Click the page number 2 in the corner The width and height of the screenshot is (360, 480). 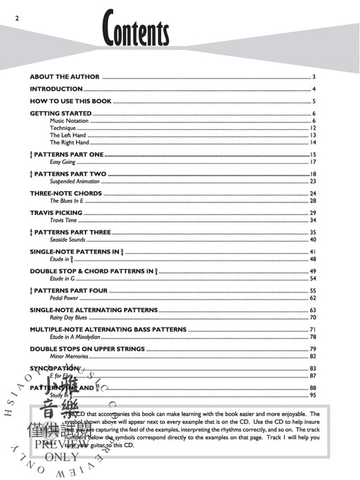(x=6, y=7)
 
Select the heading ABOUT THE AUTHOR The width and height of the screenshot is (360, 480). (x=65, y=77)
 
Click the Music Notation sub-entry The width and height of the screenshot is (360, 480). (x=69, y=121)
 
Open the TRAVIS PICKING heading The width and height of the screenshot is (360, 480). (x=56, y=212)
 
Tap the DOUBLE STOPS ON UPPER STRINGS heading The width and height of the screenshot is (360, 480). (x=87, y=349)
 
